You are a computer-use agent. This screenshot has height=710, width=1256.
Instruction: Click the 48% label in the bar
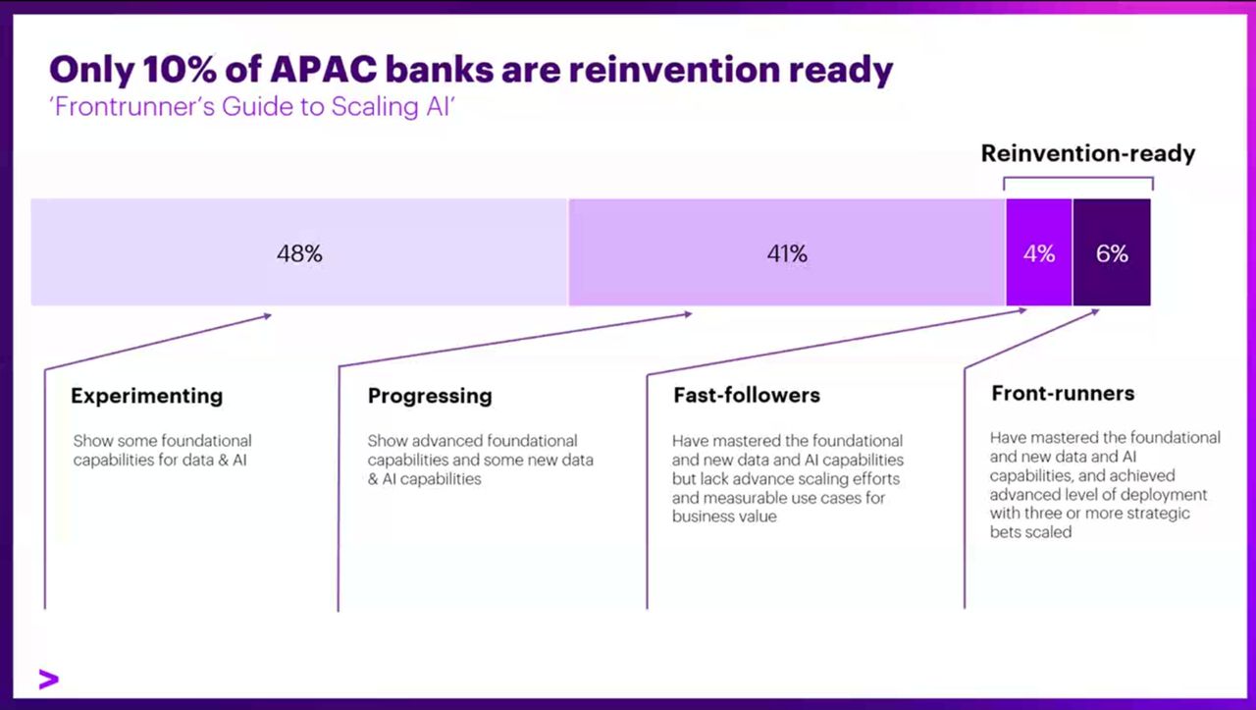[x=299, y=253]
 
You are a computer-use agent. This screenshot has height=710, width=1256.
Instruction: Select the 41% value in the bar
[x=787, y=253]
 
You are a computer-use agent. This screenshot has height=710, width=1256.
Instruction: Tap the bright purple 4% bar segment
[x=1039, y=252]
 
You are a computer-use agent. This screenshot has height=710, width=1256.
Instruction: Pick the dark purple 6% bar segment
[x=1112, y=252]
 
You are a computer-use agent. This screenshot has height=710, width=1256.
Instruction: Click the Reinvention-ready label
[x=1088, y=153]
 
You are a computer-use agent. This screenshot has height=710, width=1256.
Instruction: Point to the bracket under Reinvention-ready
[x=1078, y=178]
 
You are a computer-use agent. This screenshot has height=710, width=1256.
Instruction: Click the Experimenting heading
[x=147, y=397]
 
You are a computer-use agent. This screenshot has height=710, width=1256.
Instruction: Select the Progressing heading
[x=430, y=397]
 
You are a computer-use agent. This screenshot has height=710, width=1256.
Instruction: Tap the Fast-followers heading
[x=747, y=395]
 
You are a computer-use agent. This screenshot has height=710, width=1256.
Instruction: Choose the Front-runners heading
[x=1063, y=394]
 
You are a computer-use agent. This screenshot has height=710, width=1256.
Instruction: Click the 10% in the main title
[x=180, y=70]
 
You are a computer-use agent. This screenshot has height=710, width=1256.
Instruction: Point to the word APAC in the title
[x=324, y=70]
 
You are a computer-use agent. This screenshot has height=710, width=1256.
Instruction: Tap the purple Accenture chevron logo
[x=49, y=680]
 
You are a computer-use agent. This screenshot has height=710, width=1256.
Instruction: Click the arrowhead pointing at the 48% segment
[x=268, y=316]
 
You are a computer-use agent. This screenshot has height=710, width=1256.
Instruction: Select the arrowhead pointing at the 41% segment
[x=689, y=314]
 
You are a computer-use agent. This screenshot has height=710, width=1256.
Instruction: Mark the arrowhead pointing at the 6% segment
[x=1096, y=312]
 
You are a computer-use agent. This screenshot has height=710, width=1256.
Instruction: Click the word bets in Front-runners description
[x=1004, y=532]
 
